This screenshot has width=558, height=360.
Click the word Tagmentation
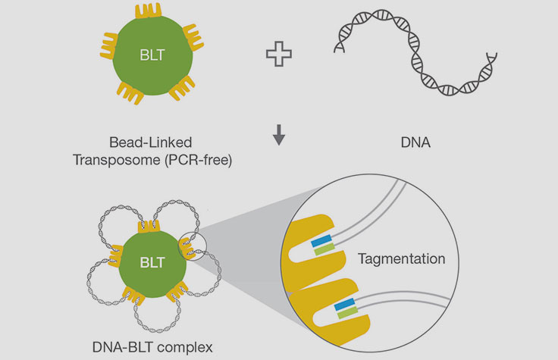(401, 258)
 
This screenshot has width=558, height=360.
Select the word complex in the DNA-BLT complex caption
(185, 347)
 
